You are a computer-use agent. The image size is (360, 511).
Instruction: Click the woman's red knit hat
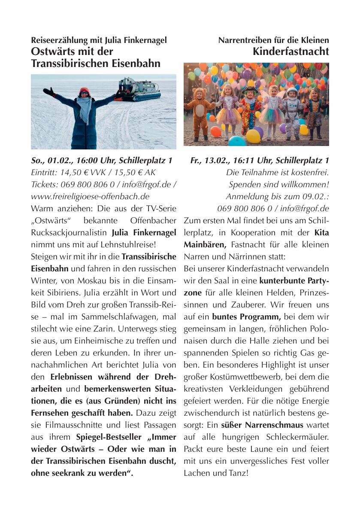click(84, 91)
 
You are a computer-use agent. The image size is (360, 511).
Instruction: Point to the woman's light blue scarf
click(85, 107)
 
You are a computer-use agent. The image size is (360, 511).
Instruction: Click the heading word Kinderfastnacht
click(290, 52)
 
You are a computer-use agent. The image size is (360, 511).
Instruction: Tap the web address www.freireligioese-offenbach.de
click(91, 197)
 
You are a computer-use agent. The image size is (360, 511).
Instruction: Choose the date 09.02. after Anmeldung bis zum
click(316, 197)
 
